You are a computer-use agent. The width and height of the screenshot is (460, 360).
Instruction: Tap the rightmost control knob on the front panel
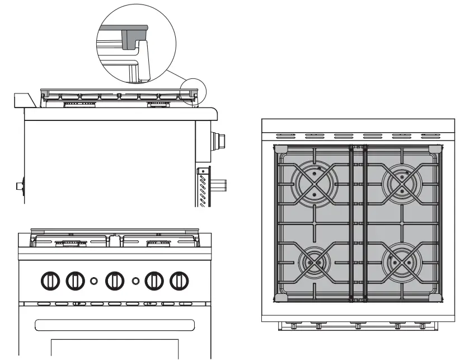[x=179, y=279]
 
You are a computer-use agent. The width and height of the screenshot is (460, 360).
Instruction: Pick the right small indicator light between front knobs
[x=135, y=279]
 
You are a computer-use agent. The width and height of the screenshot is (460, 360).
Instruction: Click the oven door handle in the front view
[x=115, y=324]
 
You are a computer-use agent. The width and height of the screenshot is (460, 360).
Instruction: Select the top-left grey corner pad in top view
[x=280, y=148]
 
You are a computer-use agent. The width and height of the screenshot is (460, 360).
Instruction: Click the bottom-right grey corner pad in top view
[x=434, y=296]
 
